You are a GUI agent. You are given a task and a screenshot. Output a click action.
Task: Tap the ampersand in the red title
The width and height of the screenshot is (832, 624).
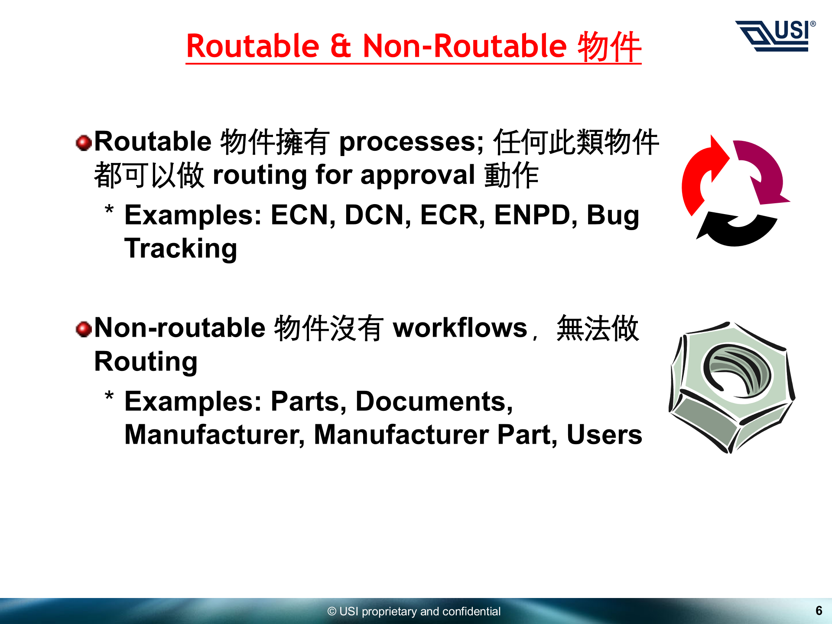tap(341, 45)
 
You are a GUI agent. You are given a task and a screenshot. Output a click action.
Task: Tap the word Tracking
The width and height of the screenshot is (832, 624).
tap(181, 249)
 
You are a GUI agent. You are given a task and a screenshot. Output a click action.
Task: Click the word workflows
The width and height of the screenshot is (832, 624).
tap(460, 328)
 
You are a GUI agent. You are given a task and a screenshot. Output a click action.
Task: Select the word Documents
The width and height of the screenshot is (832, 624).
tap(434, 402)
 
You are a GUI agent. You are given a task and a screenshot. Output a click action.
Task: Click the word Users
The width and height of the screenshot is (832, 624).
tap(604, 435)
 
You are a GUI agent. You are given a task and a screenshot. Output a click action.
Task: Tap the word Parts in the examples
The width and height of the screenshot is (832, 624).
tap(308, 402)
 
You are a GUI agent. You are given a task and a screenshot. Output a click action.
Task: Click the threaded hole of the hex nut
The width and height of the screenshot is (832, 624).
tap(737, 370)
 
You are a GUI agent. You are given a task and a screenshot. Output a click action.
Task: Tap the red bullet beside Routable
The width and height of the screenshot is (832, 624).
tap(84, 143)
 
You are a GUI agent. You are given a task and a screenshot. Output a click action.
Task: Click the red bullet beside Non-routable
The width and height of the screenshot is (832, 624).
tap(84, 329)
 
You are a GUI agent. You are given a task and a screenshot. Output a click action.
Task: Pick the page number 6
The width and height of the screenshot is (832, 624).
tap(819, 611)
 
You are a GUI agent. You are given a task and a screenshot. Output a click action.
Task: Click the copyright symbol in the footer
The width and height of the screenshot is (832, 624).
tap(332, 611)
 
